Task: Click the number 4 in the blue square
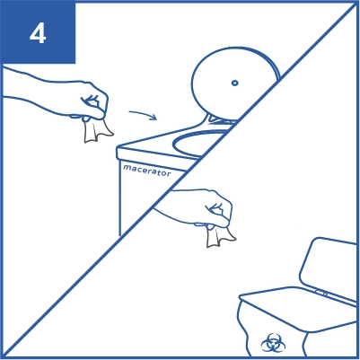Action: click(x=38, y=34)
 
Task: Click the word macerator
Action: click(x=147, y=171)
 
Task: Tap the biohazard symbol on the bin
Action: click(x=273, y=343)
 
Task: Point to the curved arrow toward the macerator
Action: click(x=143, y=114)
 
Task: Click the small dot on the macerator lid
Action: click(x=235, y=83)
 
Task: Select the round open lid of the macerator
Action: click(x=233, y=83)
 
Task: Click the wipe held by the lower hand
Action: click(x=219, y=236)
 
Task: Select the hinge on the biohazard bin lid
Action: click(x=321, y=293)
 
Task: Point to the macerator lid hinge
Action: click(x=220, y=119)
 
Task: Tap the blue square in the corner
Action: click(x=38, y=31)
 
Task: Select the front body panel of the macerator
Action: click(x=144, y=198)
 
